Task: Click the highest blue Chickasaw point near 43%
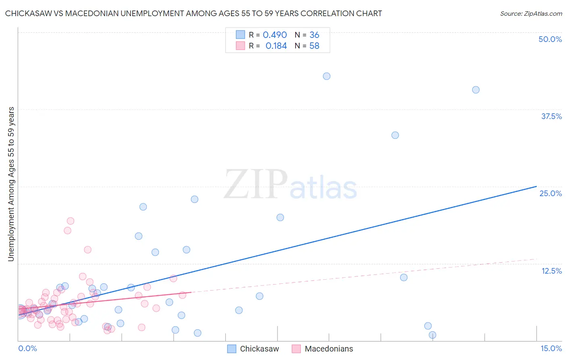pyautogui.click(x=327, y=76)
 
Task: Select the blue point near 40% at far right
pyautogui.click(x=476, y=90)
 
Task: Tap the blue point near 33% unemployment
pyautogui.click(x=395, y=135)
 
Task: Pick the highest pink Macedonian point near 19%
pyautogui.click(x=71, y=221)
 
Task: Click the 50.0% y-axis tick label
pyautogui.click(x=550, y=39)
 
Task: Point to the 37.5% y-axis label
pyautogui.click(x=551, y=116)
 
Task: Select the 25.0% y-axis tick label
pyautogui.click(x=550, y=193)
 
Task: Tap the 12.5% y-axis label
pyautogui.click(x=551, y=271)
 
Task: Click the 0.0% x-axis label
pyautogui.click(x=27, y=348)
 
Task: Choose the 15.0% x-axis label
pyautogui.click(x=551, y=348)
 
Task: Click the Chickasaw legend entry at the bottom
pyautogui.click(x=253, y=349)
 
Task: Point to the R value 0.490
pyautogui.click(x=275, y=35)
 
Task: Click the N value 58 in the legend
pyautogui.click(x=314, y=46)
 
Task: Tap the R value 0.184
pyautogui.click(x=276, y=46)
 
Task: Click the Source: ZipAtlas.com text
pyautogui.click(x=531, y=14)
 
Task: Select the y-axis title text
pyautogui.click(x=11, y=184)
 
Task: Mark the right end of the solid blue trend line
pyautogui.click(x=536, y=186)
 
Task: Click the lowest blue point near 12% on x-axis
pyautogui.click(x=432, y=335)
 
